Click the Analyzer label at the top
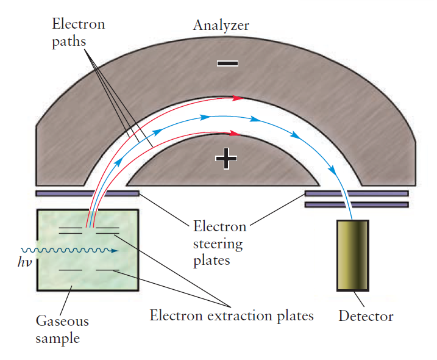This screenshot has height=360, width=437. [221, 25]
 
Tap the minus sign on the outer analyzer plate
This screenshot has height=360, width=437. [227, 63]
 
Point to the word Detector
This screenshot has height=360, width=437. [366, 316]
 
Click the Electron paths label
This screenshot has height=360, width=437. [78, 33]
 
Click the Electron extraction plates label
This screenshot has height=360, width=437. [232, 315]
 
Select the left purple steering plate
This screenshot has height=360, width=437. [87, 193]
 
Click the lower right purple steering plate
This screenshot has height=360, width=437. [356, 204]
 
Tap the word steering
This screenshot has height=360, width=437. [218, 244]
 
